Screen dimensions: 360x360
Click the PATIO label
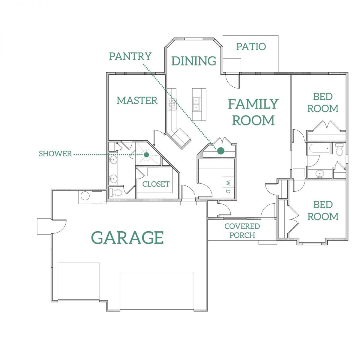[x=251, y=46]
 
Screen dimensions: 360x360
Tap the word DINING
[x=194, y=61]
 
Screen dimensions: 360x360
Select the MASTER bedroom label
[x=137, y=100]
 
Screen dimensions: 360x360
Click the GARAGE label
[x=127, y=237]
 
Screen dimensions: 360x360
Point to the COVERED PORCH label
[x=242, y=230]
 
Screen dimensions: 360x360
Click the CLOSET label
[x=156, y=184]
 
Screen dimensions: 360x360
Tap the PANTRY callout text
[x=130, y=56]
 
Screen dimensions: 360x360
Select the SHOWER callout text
[x=55, y=154]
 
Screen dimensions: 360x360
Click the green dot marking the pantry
[x=220, y=151]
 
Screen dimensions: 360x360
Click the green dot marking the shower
[x=146, y=155]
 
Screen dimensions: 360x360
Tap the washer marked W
[x=228, y=182]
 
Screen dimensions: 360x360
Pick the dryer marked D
[x=228, y=192]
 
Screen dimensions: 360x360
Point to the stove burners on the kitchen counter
[x=172, y=104]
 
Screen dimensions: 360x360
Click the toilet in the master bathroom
[x=116, y=192]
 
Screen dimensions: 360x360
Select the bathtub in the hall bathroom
[x=320, y=149]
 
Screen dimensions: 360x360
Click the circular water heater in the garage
[x=85, y=196]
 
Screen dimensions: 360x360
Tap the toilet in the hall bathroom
[x=339, y=149]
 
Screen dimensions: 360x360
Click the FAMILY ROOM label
[x=253, y=112]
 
